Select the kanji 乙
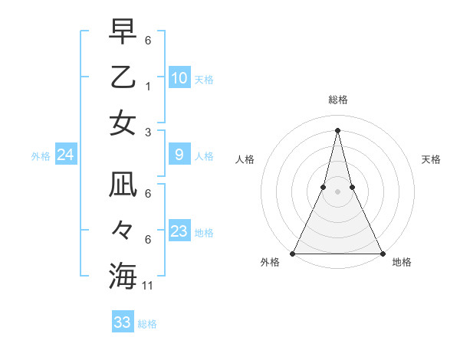[123, 78]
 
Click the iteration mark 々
[123, 231]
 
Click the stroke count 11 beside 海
[149, 286]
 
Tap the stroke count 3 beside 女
[149, 133]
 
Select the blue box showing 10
[179, 78]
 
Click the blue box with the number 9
[179, 155]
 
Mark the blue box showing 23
[179, 231]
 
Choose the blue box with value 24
[66, 155]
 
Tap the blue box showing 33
[123, 322]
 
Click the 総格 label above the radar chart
[337, 100]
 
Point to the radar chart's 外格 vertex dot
[294, 254]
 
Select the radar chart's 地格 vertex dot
[382, 254]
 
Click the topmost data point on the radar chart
[337, 130]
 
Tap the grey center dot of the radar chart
[337, 192]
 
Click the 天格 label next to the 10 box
[204, 80]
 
